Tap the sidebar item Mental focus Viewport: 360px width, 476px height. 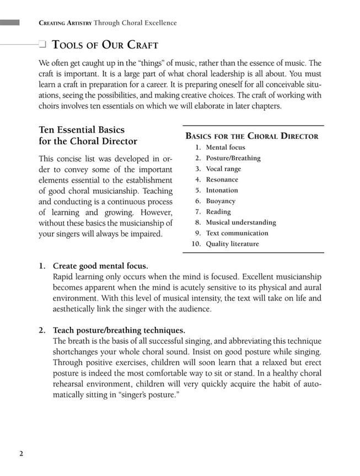tap(225, 148)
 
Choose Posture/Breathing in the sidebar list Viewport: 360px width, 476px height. tap(233, 158)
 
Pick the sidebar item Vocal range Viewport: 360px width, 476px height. tap(223, 169)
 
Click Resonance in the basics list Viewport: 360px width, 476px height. tap(222, 180)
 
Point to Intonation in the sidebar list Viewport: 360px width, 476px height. tap(222, 190)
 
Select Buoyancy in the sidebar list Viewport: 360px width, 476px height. tap(221, 201)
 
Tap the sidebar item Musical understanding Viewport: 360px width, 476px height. tap(241, 223)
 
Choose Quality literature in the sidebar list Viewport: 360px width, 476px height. tap(232, 244)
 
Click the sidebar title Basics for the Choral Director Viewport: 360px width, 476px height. tap(252, 136)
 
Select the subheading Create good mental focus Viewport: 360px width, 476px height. tap(100, 266)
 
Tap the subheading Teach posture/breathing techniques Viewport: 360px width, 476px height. tap(119, 330)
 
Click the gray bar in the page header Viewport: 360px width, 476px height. tap(10, 23)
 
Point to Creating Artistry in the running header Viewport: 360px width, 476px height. tap(65, 23)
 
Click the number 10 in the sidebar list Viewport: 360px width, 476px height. tap(196, 244)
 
